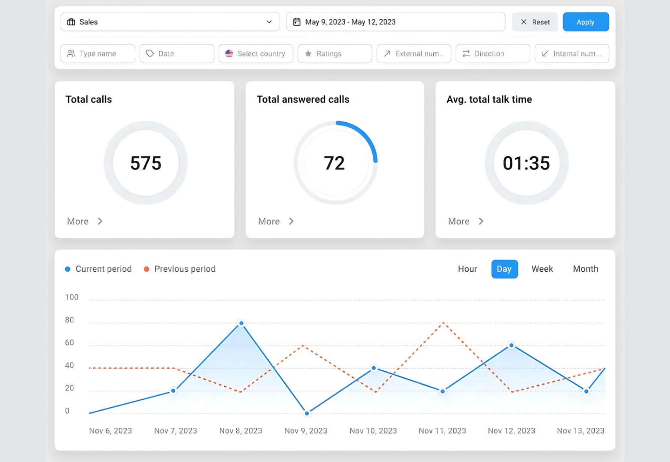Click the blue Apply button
(585, 22)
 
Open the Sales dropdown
(170, 22)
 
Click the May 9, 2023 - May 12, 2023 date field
(395, 22)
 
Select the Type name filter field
(98, 53)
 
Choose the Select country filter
(256, 53)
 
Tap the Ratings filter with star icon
(334, 53)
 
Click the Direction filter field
(492, 53)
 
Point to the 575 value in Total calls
(146, 163)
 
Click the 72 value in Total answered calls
(334, 163)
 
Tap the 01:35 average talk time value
(526, 163)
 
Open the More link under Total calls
(84, 221)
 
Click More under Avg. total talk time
(465, 221)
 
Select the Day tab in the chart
(504, 269)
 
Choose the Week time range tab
(542, 269)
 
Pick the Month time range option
(585, 269)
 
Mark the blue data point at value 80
(241, 323)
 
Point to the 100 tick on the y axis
(71, 297)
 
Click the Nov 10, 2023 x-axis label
(373, 431)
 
